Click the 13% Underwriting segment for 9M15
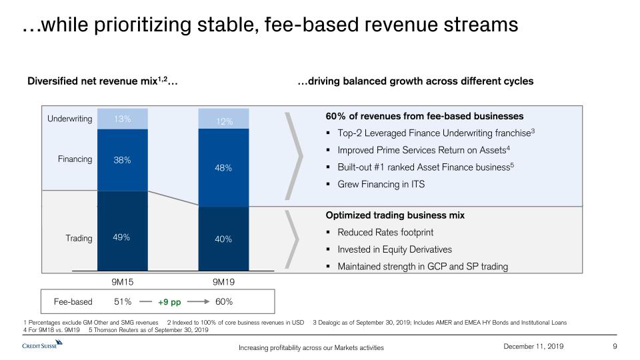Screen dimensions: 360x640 coord(122,119)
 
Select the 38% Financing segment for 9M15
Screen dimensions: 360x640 coord(122,160)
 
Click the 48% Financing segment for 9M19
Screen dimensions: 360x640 coord(223,168)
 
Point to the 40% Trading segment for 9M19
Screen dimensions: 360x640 coord(223,239)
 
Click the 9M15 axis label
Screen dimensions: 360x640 coord(123,282)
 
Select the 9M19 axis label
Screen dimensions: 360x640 coord(223,282)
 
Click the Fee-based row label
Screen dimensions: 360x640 coord(73,301)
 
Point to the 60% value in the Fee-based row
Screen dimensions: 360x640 coord(224,301)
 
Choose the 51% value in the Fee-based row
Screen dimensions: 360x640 coord(123,301)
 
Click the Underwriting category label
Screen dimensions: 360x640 coord(69,119)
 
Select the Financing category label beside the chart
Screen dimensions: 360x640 coord(75,159)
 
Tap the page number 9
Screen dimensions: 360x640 coord(614,345)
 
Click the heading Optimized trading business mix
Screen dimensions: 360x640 coord(395,215)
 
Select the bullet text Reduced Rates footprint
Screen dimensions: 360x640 coord(385,232)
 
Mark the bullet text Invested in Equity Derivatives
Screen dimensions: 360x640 coord(395,249)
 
